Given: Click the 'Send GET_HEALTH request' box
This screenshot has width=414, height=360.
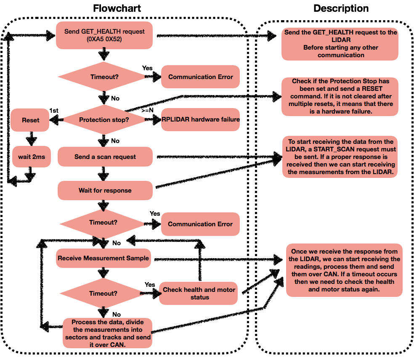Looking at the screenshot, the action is [104, 35].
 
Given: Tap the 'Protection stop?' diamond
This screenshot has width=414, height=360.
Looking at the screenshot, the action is [104, 119].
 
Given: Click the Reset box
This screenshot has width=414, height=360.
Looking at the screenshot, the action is [30, 120].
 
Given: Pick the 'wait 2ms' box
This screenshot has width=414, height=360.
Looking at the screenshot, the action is [32, 157].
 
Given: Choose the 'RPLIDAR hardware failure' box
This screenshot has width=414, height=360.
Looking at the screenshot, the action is [200, 119].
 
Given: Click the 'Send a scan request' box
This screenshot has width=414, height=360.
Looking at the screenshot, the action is [105, 157].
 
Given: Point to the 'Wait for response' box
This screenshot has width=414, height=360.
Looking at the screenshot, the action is [105, 191].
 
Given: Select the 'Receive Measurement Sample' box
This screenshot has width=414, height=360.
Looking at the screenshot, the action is [103, 258].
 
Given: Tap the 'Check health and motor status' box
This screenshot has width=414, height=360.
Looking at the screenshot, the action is [199, 294].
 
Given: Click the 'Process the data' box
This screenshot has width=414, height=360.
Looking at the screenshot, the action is [107, 334].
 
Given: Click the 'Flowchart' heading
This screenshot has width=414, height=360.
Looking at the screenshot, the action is [117, 8].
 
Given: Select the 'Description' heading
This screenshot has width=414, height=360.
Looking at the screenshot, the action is [341, 8].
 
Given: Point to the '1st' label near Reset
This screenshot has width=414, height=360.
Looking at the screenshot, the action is [54, 111].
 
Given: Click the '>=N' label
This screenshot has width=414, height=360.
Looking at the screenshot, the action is [147, 110].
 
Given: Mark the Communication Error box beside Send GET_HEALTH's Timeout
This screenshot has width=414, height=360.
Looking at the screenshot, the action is [200, 77].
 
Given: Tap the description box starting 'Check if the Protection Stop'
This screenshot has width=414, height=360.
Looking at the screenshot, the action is [340, 97].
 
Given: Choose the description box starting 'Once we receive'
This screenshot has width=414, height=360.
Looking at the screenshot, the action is [344, 270].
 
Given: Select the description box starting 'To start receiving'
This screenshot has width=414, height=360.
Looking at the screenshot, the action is [340, 157].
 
